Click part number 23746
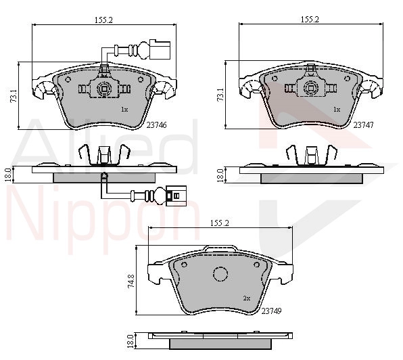click(x=156, y=125)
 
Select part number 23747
click(x=363, y=125)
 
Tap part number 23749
click(x=271, y=311)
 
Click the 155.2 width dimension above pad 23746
click(x=104, y=20)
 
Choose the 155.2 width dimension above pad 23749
click(x=220, y=223)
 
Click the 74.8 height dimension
click(x=131, y=281)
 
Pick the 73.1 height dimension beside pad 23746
click(x=14, y=95)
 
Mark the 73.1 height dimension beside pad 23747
click(x=220, y=95)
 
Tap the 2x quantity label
click(x=247, y=298)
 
